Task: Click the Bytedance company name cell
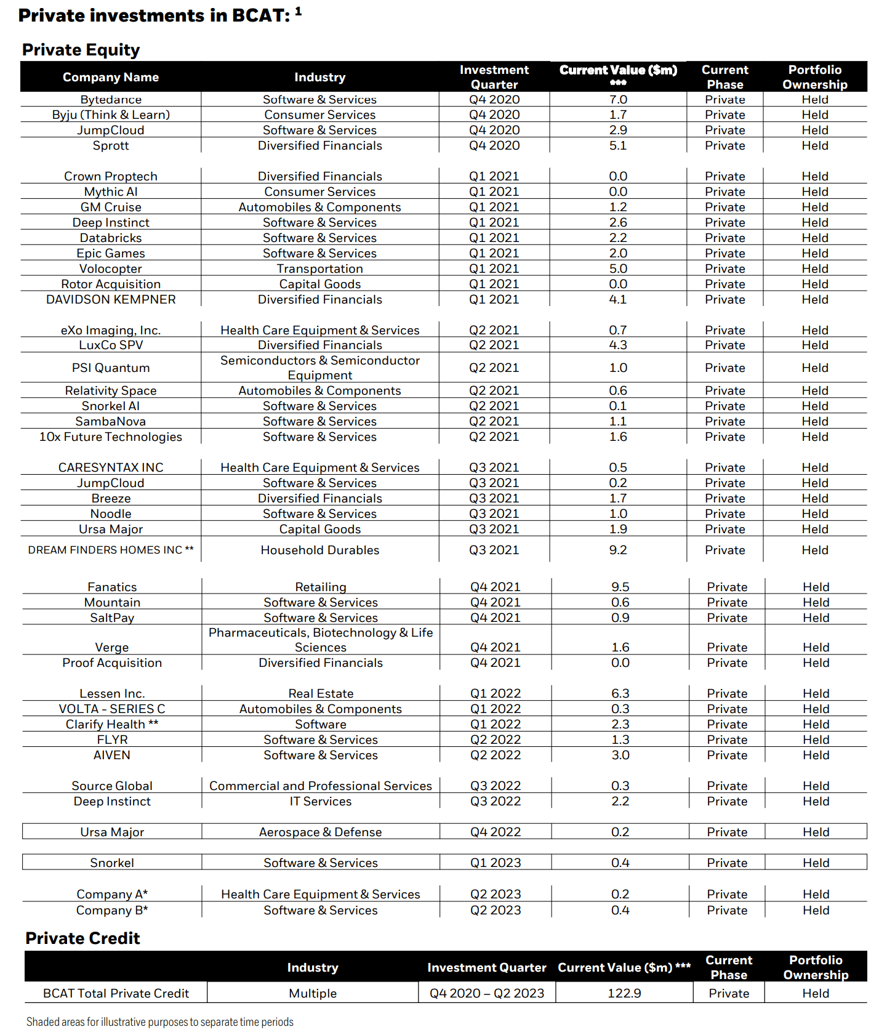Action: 111,100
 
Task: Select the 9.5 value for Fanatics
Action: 620,587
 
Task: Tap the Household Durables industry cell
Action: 320,550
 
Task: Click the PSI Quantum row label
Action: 111,368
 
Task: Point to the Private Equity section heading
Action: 81,50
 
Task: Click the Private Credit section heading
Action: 82,938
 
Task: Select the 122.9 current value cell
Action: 624,993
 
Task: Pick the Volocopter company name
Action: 111,269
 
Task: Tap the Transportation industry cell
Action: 320,269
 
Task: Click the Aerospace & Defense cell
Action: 320,832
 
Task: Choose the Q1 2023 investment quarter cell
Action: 496,863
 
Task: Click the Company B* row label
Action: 112,910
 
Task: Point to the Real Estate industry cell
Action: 321,693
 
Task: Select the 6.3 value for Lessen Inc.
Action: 620,693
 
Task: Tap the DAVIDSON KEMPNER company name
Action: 111,299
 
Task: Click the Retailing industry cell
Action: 321,587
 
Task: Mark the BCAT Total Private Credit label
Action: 116,993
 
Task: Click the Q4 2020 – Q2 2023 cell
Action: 487,993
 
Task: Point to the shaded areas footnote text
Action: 160,1022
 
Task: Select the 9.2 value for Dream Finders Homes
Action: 618,550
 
